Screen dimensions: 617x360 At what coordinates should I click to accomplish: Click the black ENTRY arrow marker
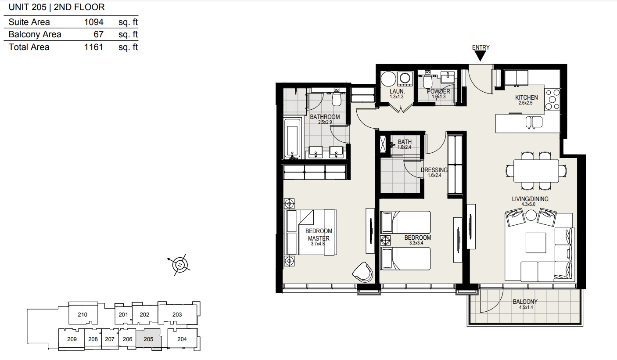(481, 56)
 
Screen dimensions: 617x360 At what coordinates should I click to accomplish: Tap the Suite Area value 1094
(93, 22)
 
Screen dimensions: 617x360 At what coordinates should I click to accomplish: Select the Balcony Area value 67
(98, 34)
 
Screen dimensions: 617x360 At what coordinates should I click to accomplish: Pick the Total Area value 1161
(93, 47)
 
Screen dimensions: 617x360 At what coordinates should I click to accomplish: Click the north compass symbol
(179, 265)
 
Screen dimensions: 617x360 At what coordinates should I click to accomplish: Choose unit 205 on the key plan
(148, 339)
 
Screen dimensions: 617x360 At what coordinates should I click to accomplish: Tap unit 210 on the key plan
(83, 314)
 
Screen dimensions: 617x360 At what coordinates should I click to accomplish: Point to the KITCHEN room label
(526, 97)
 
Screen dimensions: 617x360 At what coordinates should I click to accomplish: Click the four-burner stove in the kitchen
(552, 100)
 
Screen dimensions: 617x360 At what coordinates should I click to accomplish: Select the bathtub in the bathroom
(292, 139)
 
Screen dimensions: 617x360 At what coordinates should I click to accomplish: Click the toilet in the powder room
(427, 80)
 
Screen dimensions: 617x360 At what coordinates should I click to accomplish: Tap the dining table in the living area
(536, 171)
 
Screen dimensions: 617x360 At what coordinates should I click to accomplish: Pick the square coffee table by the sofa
(536, 243)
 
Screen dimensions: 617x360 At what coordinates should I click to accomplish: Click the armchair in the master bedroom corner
(363, 272)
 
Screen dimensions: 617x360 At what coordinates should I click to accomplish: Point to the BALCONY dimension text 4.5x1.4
(526, 307)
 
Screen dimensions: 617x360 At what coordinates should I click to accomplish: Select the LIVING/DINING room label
(530, 199)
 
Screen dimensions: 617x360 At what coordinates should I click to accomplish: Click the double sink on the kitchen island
(534, 122)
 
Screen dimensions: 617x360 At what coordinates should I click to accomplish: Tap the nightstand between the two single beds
(385, 241)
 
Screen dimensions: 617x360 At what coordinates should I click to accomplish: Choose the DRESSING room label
(434, 170)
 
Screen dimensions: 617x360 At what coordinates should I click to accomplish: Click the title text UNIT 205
(28, 7)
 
